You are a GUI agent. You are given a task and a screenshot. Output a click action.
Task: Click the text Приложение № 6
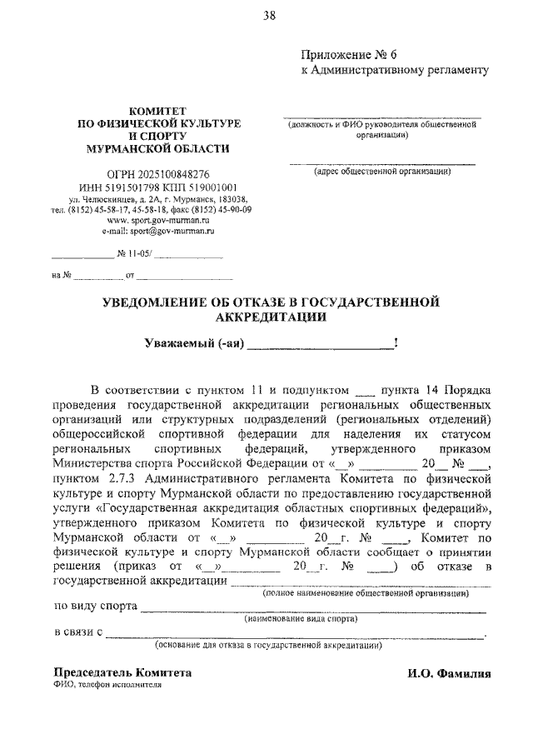344,54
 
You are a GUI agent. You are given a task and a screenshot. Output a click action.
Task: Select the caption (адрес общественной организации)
382,172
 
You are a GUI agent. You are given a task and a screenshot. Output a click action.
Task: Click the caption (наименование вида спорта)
301,619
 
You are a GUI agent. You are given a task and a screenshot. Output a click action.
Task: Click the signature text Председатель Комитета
122,672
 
